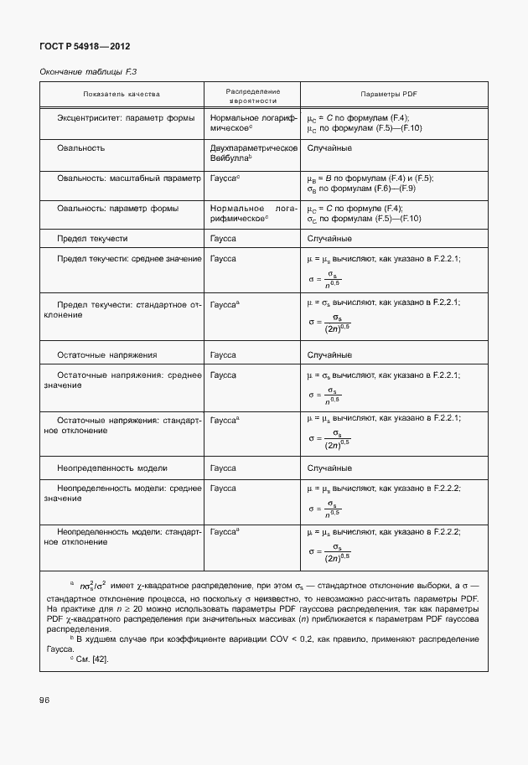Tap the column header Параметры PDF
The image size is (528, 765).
tap(388, 95)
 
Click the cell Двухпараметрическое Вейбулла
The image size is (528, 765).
tap(254, 152)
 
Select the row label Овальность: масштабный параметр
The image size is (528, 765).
tap(129, 178)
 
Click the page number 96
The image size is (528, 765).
tap(44, 700)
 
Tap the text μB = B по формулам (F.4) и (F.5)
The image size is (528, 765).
tap(370, 178)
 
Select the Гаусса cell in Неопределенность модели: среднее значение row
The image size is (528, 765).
tap(223, 488)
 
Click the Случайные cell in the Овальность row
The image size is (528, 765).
tap(329, 147)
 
